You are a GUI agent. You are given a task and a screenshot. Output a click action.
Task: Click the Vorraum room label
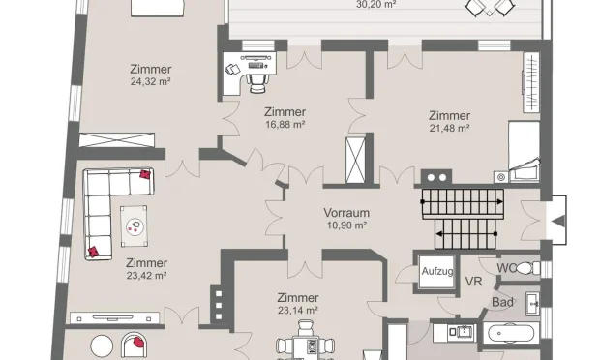(x=346, y=213)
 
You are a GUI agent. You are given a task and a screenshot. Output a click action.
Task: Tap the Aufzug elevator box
(x=436, y=272)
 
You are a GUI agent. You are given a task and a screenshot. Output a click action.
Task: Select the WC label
(x=506, y=268)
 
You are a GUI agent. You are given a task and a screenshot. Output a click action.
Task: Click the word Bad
(x=502, y=302)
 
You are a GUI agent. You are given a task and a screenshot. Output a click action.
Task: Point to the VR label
(x=473, y=282)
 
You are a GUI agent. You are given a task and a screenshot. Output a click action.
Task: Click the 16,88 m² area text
(x=285, y=125)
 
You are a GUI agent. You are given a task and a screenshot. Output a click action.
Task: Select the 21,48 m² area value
(x=449, y=128)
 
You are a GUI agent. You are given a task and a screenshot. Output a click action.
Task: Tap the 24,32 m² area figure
(x=150, y=81)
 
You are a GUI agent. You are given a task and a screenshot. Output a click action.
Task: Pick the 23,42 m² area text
(x=146, y=276)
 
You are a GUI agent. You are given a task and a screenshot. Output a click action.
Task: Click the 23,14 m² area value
(x=298, y=311)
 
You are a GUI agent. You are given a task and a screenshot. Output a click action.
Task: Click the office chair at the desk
(x=257, y=83)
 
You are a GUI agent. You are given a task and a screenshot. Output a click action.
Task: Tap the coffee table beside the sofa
(x=134, y=226)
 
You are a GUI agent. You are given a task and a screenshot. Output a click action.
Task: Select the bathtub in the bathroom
(x=511, y=333)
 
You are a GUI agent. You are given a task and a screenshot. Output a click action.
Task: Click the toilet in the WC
(x=528, y=268)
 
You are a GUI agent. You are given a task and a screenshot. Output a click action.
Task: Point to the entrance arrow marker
(x=558, y=221)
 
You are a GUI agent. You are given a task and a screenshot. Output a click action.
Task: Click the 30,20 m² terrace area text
(x=375, y=5)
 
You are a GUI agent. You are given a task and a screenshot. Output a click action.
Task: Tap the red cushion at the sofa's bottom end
(x=93, y=252)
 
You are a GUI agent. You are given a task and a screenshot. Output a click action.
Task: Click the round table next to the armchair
(x=102, y=346)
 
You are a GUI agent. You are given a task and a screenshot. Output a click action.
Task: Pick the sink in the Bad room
(x=532, y=304)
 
